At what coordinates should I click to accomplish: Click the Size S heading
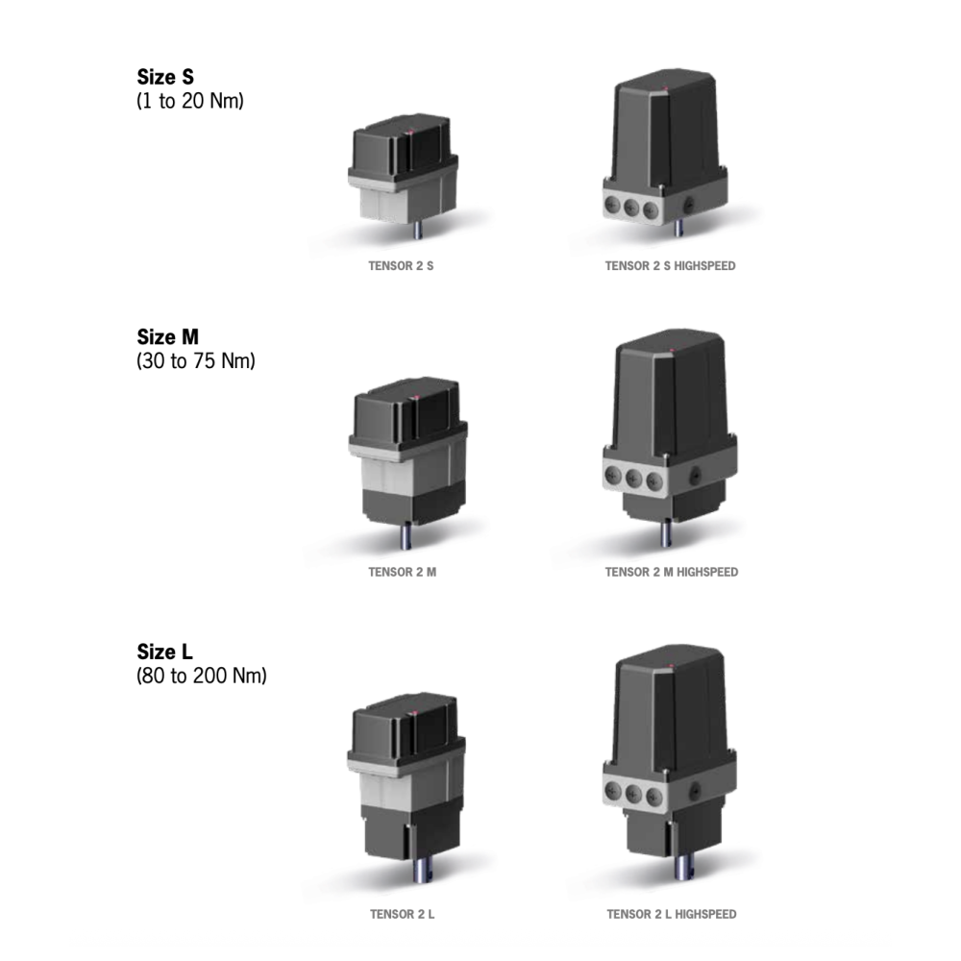165,77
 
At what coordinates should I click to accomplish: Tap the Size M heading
167,337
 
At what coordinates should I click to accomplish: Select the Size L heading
164,652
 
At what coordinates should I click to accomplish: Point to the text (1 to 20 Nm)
190,101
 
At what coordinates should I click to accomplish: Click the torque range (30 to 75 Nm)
195,360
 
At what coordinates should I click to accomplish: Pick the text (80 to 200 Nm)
201,676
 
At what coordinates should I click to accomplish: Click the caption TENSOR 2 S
401,266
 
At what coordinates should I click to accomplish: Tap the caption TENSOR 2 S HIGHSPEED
670,266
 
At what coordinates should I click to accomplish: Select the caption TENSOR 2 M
402,572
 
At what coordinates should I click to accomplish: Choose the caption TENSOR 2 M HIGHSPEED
671,572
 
